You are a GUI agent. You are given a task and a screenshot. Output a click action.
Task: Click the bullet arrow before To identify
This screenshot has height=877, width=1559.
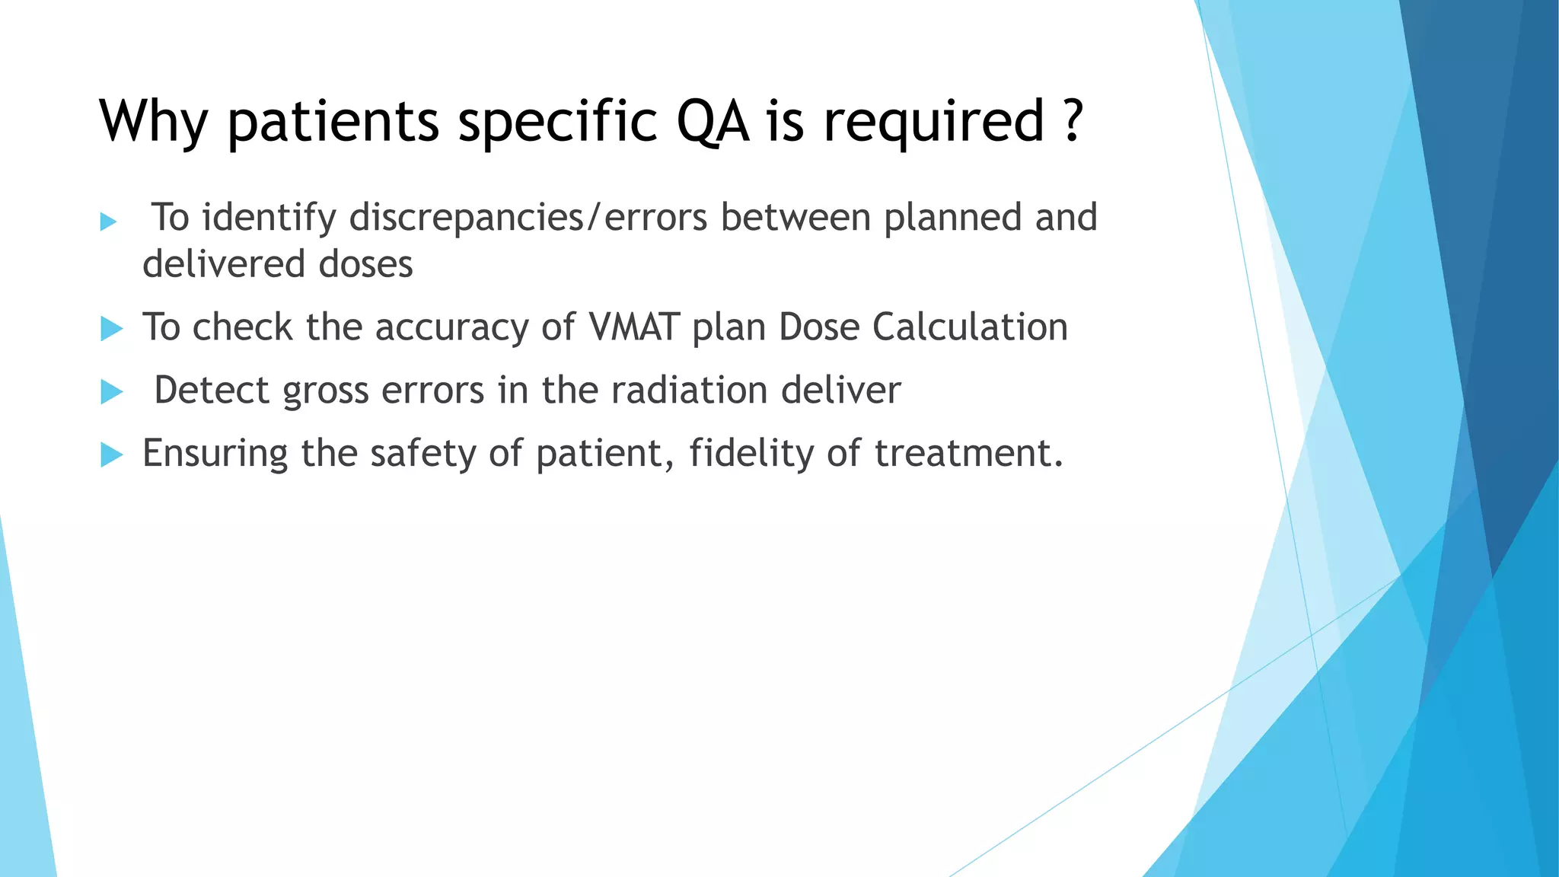coord(109,222)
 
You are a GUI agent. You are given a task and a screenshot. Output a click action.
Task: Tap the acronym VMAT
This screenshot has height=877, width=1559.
coord(633,327)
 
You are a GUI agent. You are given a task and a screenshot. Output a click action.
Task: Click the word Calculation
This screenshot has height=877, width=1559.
coord(970,327)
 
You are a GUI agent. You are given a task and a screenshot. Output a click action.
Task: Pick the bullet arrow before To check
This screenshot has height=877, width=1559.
coord(111,329)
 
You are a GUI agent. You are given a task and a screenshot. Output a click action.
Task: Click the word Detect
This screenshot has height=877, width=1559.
coord(212,391)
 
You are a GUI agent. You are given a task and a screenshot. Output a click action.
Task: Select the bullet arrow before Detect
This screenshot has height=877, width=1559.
coord(111,392)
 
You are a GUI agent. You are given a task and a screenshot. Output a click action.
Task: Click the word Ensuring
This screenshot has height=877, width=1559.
coord(215,454)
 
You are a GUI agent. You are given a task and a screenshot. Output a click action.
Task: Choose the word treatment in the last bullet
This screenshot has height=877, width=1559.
coord(967,454)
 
